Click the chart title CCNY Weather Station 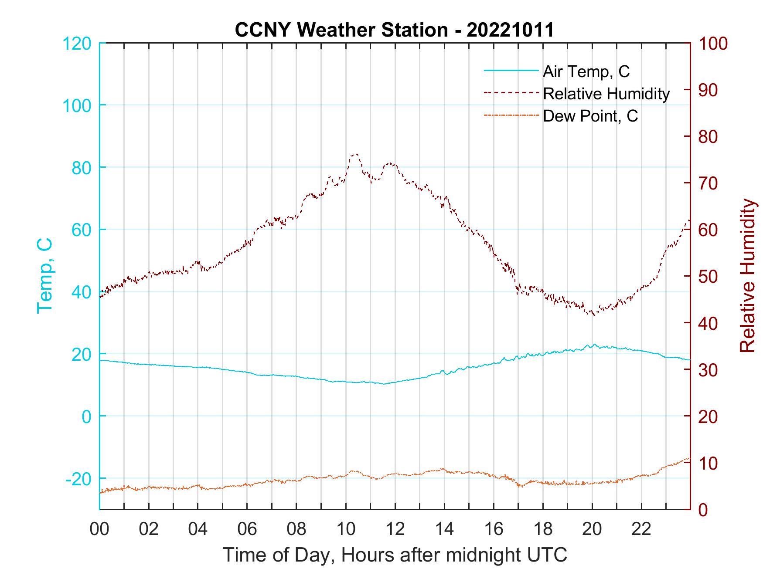click(x=394, y=30)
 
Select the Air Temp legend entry click(x=586, y=71)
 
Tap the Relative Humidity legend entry click(x=606, y=94)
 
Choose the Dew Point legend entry click(x=590, y=116)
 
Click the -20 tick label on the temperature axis click(x=79, y=479)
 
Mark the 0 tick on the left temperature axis click(x=87, y=416)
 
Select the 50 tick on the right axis click(x=708, y=277)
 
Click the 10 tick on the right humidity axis click(x=708, y=463)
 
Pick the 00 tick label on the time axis click(x=99, y=529)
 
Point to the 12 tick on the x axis click(x=395, y=529)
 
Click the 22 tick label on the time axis click(x=641, y=529)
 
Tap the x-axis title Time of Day click(x=395, y=555)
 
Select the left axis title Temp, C click(x=45, y=275)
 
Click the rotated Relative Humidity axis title click(x=747, y=275)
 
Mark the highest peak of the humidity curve click(x=355, y=154)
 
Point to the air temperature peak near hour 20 click(x=593, y=344)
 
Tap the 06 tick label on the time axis click(x=247, y=529)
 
